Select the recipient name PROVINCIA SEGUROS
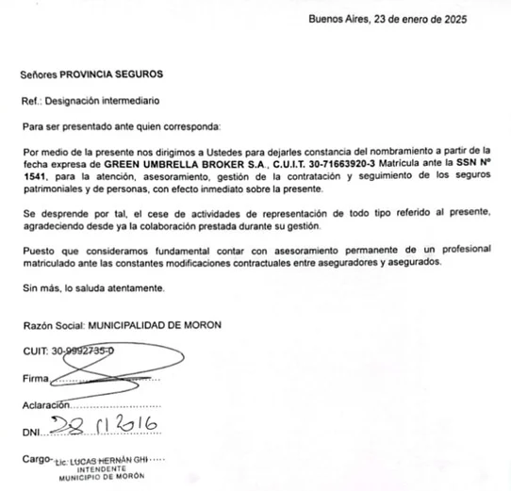point(112,74)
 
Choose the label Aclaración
point(46,405)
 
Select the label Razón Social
point(53,325)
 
